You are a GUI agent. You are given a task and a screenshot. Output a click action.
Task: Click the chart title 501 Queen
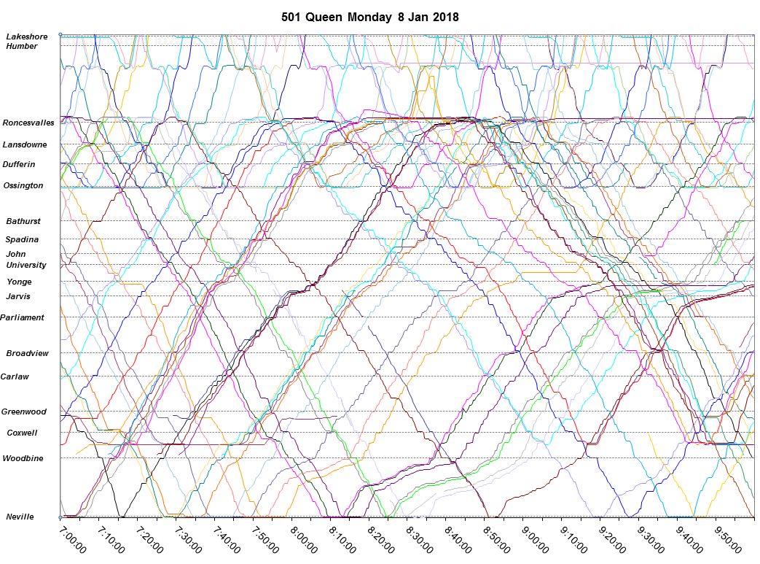(313, 17)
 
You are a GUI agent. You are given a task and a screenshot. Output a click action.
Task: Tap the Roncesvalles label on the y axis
(28, 123)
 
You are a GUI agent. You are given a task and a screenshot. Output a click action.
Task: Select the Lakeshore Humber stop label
(27, 42)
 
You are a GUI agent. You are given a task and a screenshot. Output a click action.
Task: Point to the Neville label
(20, 517)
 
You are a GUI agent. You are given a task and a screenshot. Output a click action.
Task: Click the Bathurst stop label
(23, 221)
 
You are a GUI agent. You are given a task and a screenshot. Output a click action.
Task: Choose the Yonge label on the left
(19, 282)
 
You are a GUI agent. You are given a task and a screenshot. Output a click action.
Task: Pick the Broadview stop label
(28, 353)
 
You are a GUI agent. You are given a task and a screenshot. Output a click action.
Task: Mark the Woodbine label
(23, 458)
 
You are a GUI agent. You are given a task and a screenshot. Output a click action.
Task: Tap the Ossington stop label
(23, 185)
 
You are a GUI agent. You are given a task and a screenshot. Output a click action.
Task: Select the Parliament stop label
(23, 317)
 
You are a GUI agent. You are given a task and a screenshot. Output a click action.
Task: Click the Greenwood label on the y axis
(23, 412)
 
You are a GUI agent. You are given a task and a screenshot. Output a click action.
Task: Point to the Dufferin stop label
(19, 164)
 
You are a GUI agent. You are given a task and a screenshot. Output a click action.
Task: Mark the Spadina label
(22, 239)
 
